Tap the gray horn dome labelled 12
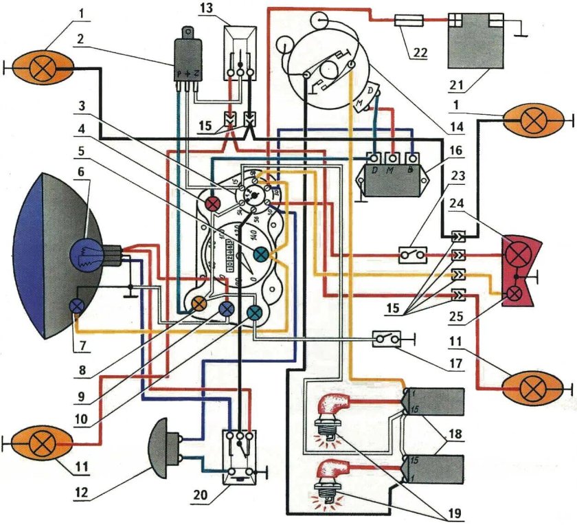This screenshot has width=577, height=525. [164, 447]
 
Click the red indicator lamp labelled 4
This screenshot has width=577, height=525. [212, 203]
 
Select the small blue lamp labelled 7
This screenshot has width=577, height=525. [78, 305]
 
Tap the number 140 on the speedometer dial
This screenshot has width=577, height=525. [253, 234]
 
